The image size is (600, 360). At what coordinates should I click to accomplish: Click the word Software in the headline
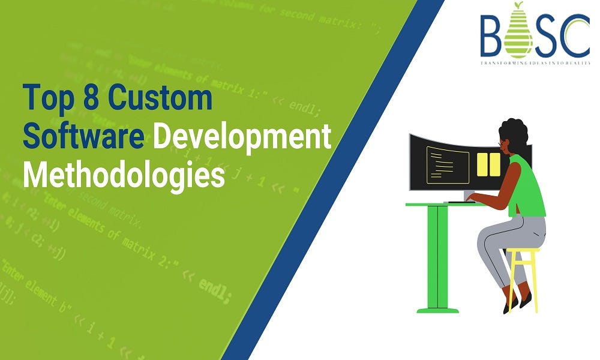[83, 136]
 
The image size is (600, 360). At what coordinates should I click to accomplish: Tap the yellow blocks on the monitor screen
[488, 164]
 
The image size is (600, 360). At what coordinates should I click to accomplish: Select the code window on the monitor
[448, 165]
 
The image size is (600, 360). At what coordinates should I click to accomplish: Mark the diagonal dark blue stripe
[336, 180]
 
